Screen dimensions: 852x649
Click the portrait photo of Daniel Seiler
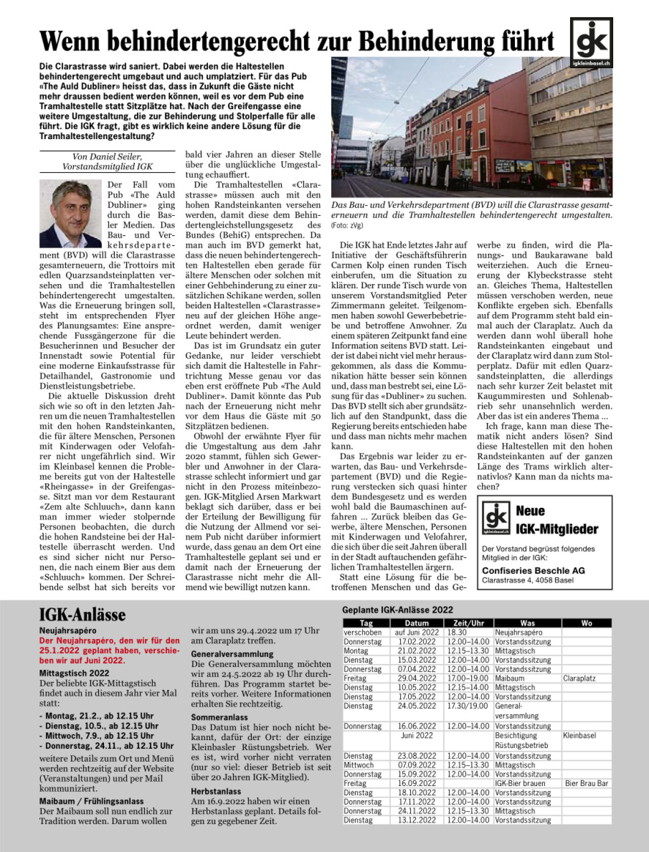coord(70,214)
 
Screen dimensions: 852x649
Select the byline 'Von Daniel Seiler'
coord(107,157)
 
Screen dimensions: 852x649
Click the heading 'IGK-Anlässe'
coord(82,615)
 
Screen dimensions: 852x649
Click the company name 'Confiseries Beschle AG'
coord(533,570)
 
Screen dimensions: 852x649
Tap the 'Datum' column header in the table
coord(417,623)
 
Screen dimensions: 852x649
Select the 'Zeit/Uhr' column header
coord(469,623)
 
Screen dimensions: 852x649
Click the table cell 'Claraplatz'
coord(579,678)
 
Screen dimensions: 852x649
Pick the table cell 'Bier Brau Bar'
coord(586,783)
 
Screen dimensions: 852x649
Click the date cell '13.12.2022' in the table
coord(417,820)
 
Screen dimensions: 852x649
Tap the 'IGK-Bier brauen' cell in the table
coord(520,783)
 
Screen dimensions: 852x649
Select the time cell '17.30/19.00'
coord(468,706)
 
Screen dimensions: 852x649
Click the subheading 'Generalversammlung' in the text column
coord(232,654)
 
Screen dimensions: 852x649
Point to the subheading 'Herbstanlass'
coord(216,791)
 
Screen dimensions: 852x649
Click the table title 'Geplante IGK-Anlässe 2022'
coord(397,610)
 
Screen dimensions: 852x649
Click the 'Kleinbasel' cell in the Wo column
coord(579,736)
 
